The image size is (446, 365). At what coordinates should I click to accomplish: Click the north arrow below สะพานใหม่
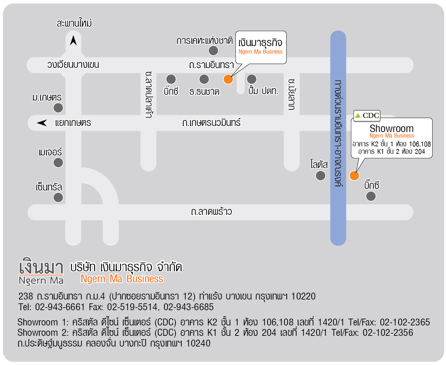point(73,41)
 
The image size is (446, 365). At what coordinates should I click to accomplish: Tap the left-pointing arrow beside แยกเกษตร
point(42,123)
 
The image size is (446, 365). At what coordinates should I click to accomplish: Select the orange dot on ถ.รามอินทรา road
point(228,79)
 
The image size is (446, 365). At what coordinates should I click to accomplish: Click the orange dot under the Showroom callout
point(354,176)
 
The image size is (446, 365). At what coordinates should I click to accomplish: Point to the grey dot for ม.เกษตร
point(58,108)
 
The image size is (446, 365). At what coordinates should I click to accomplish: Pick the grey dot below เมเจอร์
point(58,163)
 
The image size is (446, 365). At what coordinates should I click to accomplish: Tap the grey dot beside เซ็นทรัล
point(58,197)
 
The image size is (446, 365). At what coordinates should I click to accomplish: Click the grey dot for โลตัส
point(320,176)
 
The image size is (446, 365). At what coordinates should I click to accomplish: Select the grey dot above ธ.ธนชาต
point(204,79)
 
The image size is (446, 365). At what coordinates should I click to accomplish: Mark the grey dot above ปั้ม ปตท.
point(251,79)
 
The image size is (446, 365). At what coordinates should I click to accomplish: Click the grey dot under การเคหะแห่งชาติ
point(213,51)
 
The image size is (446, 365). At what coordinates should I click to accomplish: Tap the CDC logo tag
point(367,116)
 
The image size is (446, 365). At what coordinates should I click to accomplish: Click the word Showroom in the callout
point(392,128)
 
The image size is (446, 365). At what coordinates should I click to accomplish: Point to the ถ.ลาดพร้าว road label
point(211,212)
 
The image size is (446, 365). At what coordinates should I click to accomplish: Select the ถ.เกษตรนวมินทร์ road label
point(211,122)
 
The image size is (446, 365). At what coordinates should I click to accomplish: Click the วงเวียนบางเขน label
point(73,64)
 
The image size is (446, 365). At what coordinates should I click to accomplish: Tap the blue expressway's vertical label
point(338,133)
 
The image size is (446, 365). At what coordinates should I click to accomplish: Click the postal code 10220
point(303,296)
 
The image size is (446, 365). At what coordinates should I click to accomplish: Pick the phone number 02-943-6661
point(60,307)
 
